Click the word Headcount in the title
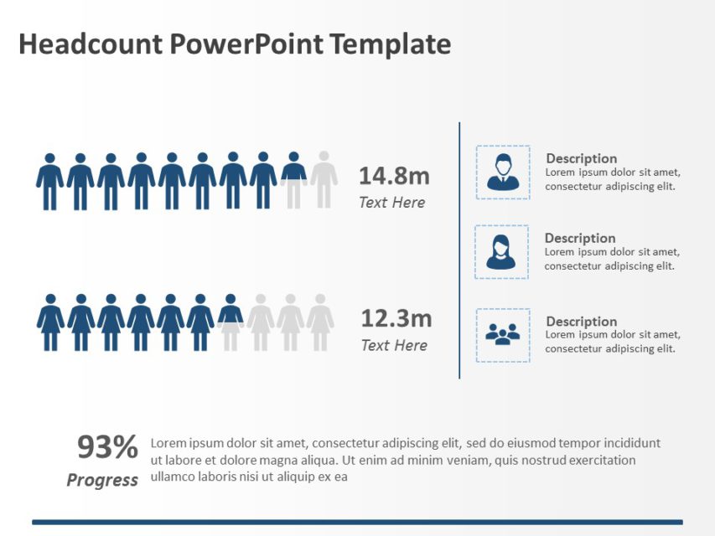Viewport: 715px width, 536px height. (90, 44)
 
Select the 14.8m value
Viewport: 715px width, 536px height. (394, 176)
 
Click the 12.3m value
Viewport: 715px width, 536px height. (396, 318)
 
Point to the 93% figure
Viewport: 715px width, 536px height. (107, 448)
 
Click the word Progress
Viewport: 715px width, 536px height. (102, 480)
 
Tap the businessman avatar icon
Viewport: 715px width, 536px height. (503, 173)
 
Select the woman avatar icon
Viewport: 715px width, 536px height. (501, 252)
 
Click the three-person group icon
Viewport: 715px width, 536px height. (503, 335)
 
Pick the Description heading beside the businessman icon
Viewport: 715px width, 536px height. (581, 158)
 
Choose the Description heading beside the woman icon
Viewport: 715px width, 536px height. (579, 238)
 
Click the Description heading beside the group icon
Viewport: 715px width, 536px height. (581, 322)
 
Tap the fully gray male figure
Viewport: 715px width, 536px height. (324, 180)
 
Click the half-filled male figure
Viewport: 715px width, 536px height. (293, 180)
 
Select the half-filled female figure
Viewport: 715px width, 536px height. (231, 322)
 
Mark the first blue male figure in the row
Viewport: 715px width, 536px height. (49, 181)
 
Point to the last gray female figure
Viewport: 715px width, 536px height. (320, 322)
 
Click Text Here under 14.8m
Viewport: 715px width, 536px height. (391, 202)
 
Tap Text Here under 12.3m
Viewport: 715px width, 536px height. (393, 345)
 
